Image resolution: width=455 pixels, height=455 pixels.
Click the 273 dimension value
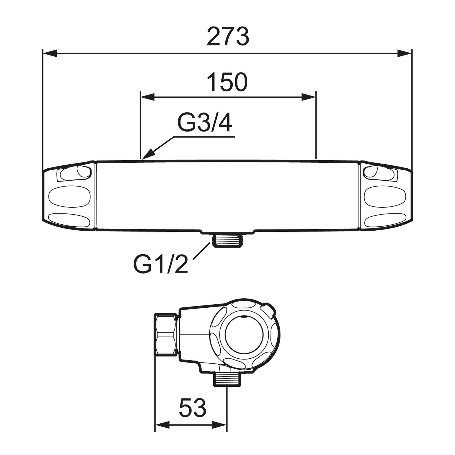pos(228,37)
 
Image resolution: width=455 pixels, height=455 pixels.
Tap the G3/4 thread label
pos(205,123)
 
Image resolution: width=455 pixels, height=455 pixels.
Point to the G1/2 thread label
pos(161,264)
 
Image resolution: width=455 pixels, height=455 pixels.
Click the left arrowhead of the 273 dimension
pos(50,53)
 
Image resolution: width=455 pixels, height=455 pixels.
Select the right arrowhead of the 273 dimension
pos(404,53)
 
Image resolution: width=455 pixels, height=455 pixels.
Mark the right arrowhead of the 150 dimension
pos(309,97)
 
